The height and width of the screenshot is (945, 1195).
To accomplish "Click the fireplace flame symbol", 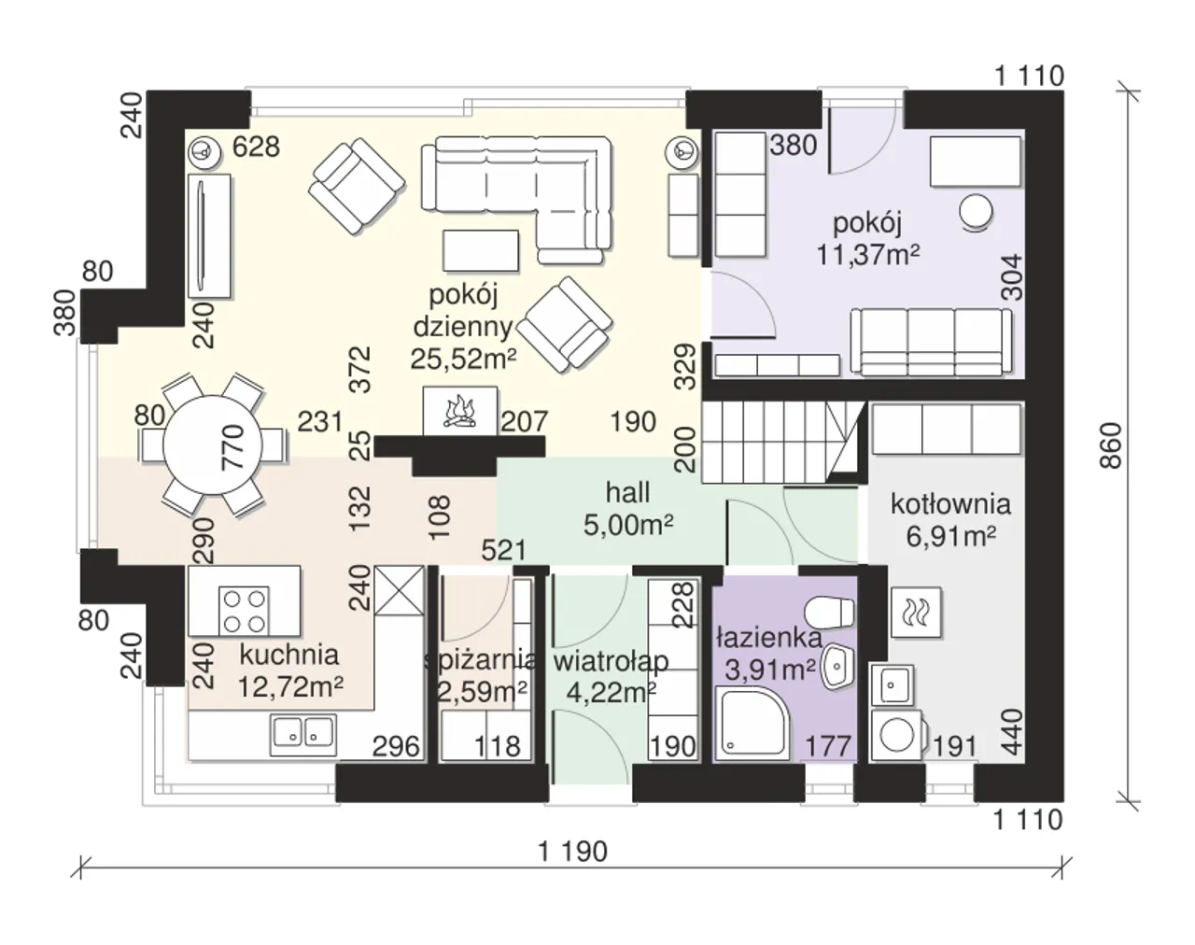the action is pos(460,412).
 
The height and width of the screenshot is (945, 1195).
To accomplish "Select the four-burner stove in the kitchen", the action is pos(245,611).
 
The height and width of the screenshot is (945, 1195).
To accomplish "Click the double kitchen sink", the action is pos(303,735).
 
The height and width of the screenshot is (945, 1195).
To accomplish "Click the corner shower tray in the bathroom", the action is pos(752,722).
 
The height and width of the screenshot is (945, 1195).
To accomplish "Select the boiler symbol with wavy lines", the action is pos(916,612).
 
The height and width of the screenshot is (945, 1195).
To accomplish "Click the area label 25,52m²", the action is pos(464,359).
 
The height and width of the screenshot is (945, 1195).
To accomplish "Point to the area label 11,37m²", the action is pos(868,255).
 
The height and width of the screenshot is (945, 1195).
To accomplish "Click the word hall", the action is pos(627,493).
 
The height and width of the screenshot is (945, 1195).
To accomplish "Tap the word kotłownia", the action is pos(950,504).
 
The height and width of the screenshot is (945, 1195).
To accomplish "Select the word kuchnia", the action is pos(289,655).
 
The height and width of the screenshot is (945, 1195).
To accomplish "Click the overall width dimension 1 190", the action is pos(573,852).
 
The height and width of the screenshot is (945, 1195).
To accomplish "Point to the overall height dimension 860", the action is pos(1111,445).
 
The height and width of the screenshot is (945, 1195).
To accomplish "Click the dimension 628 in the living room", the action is pos(256,148).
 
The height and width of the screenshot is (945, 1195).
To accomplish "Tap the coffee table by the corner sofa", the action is pos(481,250).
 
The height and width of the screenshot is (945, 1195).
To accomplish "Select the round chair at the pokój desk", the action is pos(976,212).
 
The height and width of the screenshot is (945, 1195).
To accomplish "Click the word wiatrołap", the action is pos(611,662).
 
